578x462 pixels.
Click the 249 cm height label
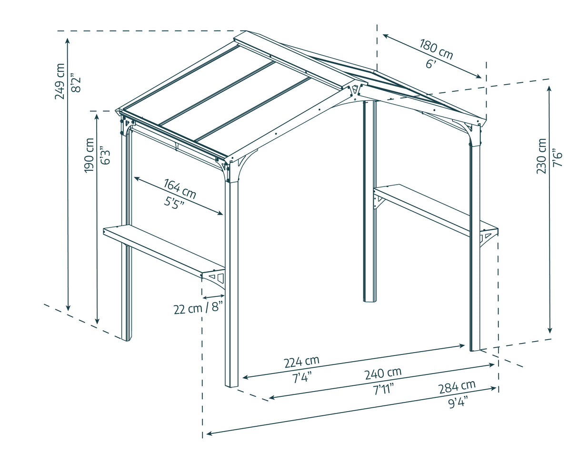click(x=60, y=81)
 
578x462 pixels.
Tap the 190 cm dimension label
click(x=90, y=155)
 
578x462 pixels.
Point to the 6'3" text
click(x=106, y=157)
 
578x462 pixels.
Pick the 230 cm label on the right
click(x=541, y=156)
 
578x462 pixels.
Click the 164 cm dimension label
click(x=180, y=188)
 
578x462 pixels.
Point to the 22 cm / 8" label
click(x=198, y=308)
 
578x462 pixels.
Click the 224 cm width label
click(x=301, y=362)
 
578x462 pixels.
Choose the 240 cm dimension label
click(x=383, y=373)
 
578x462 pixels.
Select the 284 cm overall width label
click(x=457, y=386)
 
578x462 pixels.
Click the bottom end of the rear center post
click(x=370, y=300)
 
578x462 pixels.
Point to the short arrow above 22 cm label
click(x=213, y=297)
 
